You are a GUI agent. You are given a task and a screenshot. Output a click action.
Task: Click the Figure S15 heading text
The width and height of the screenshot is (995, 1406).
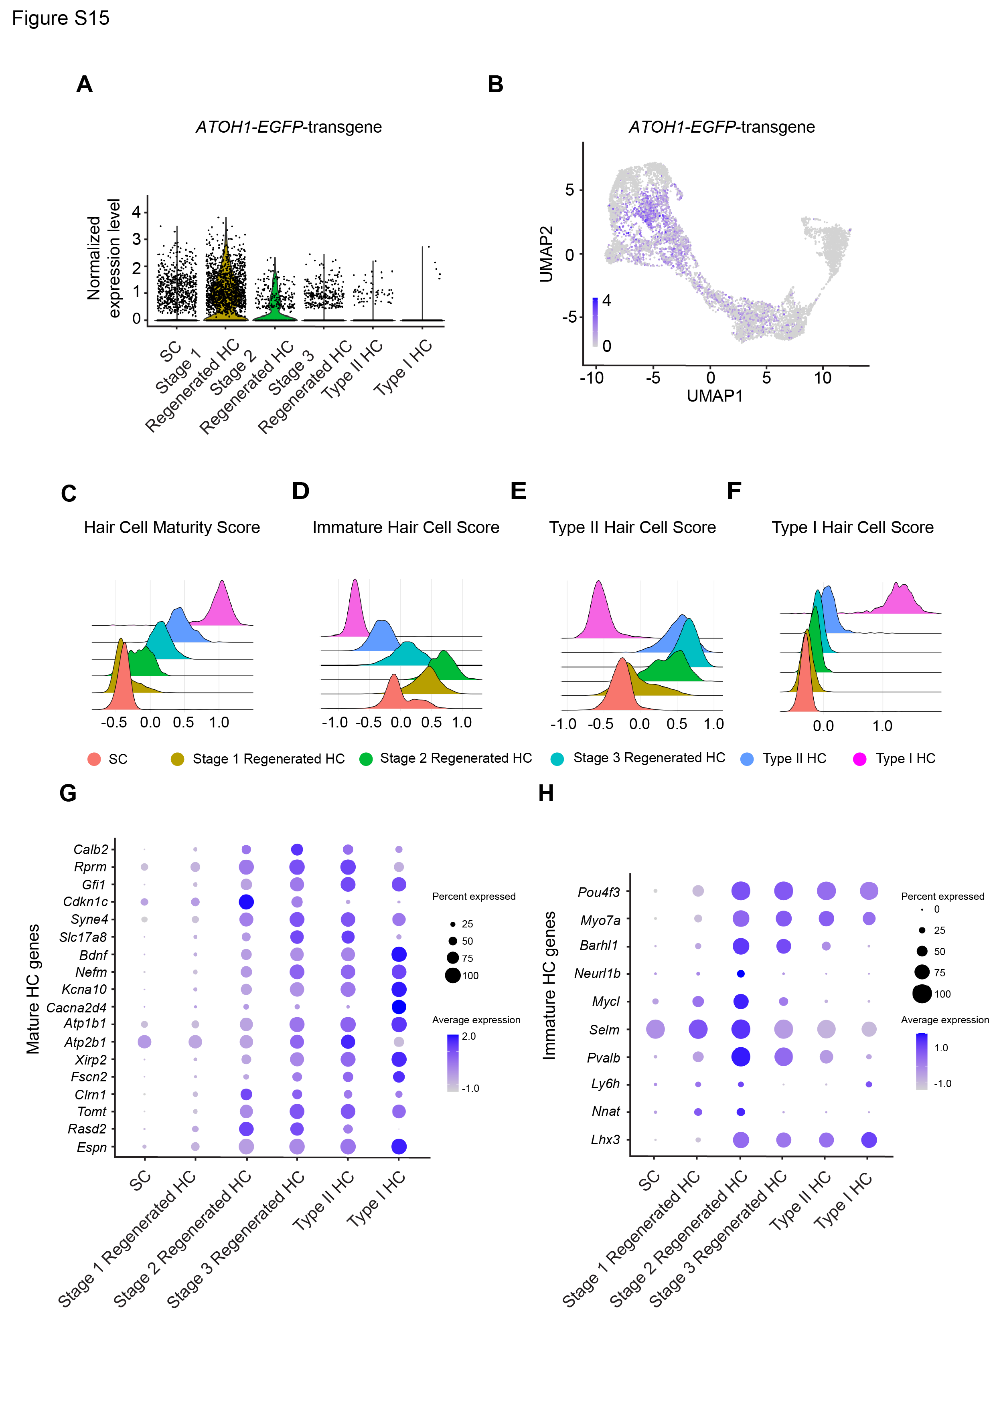[x=61, y=18]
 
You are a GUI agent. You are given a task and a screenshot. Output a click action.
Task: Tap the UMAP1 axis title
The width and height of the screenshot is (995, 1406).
[x=714, y=396]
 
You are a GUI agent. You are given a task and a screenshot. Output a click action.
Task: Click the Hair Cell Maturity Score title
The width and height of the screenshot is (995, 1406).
[x=172, y=527]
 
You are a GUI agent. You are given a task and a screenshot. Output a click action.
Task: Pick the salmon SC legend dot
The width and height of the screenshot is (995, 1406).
[x=94, y=760]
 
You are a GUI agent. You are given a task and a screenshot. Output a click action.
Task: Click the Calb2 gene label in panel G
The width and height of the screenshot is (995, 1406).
[x=91, y=849]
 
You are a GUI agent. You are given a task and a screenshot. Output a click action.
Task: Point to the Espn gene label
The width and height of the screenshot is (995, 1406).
[x=92, y=1147]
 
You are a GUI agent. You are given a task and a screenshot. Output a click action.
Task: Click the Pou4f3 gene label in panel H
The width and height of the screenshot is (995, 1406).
[x=599, y=892]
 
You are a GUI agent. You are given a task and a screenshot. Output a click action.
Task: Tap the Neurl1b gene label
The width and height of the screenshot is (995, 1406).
[x=597, y=974]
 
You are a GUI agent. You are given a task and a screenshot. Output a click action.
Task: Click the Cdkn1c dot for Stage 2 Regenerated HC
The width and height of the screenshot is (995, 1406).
[x=246, y=901]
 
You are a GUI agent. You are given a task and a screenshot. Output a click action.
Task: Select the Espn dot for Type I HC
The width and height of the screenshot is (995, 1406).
[x=399, y=1146]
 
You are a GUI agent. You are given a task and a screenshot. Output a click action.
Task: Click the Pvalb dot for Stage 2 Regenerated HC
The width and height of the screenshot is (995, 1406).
[x=741, y=1057]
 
